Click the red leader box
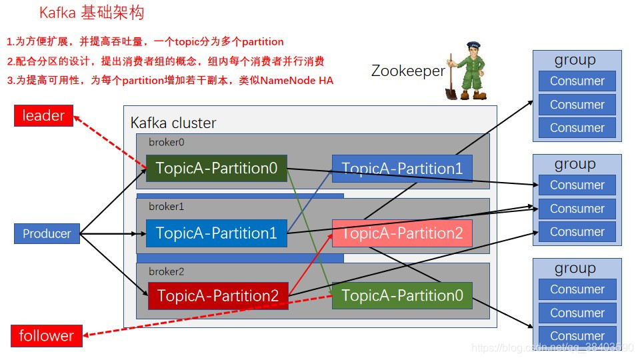(43, 116)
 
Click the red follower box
(46, 335)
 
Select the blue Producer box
(47, 233)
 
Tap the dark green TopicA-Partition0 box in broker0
(217, 169)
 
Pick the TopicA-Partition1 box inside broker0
(402, 169)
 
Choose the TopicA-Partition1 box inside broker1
(217, 233)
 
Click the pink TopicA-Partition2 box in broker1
(402, 233)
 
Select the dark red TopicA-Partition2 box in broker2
(218, 295)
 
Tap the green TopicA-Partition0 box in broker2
(402, 295)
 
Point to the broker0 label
(166, 142)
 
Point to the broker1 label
(166, 207)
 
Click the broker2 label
(166, 271)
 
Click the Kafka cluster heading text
(173, 123)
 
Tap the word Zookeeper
(408, 71)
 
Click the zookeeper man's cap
(474, 47)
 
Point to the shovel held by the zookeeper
(452, 83)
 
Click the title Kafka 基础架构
(91, 13)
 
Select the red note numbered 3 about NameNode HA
(170, 81)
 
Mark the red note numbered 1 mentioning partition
(145, 41)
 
